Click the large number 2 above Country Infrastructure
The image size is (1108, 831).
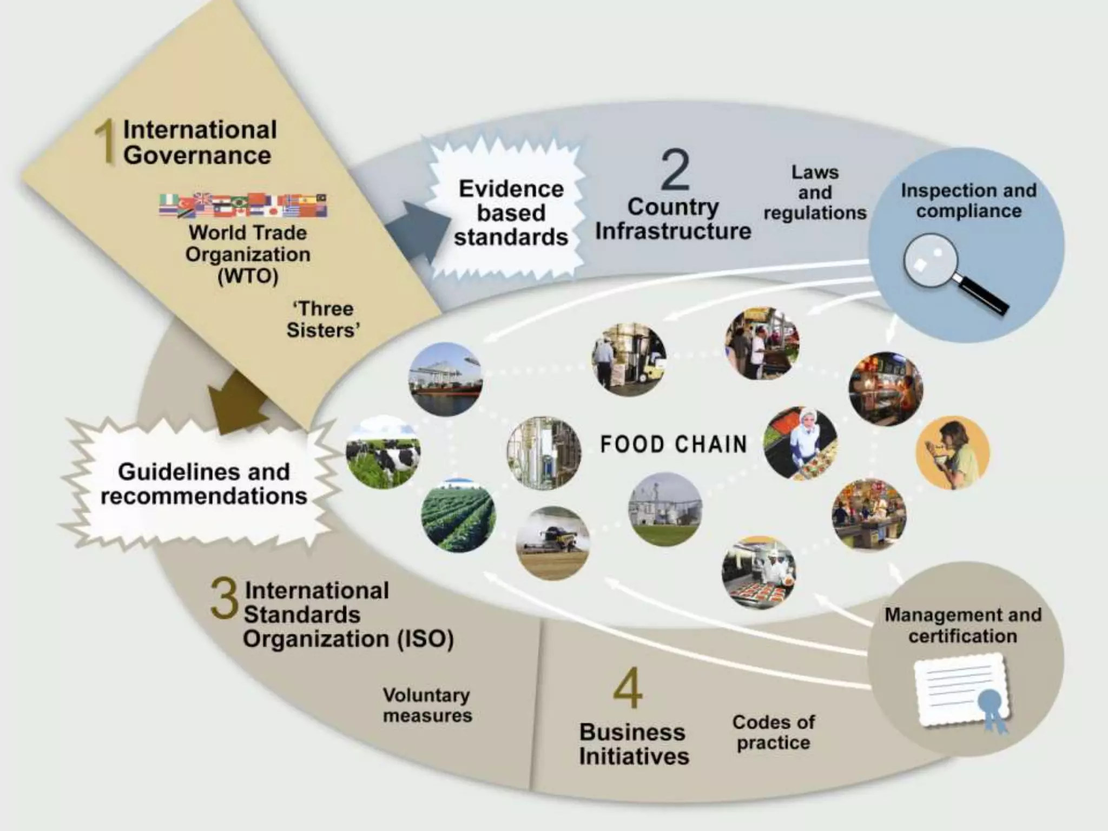pyautogui.click(x=675, y=170)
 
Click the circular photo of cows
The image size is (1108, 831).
pyautogui.click(x=383, y=452)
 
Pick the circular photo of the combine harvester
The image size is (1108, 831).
pyautogui.click(x=552, y=543)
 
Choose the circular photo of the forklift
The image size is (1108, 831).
pyautogui.click(x=629, y=360)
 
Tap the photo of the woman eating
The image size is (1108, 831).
pyautogui.click(x=952, y=452)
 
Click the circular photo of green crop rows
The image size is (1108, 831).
pyautogui.click(x=458, y=516)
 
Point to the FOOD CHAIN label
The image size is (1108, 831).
pyautogui.click(x=674, y=444)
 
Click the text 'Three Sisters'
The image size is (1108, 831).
pyautogui.click(x=323, y=319)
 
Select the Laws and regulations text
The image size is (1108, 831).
pyautogui.click(x=815, y=193)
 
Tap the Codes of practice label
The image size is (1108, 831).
pyautogui.click(x=774, y=732)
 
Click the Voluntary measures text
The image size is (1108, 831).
pyautogui.click(x=427, y=705)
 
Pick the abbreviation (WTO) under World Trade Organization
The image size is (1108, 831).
pyautogui.click(x=248, y=276)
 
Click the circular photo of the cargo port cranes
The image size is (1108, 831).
pyautogui.click(x=445, y=379)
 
